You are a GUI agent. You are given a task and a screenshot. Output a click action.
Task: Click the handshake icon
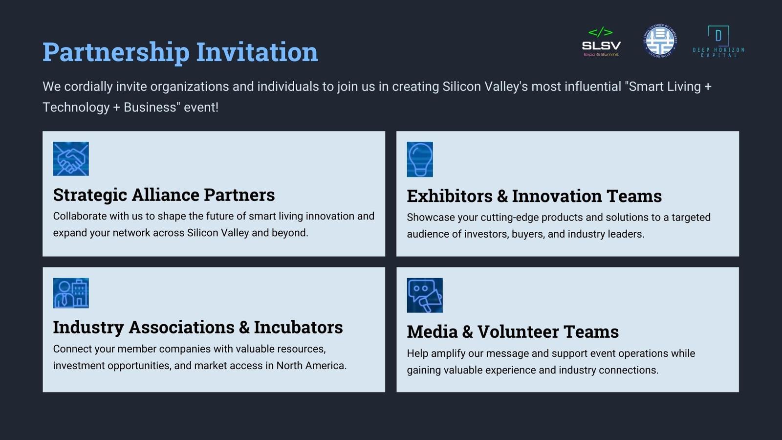coord(71,158)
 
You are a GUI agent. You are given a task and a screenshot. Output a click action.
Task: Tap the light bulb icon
coord(420,159)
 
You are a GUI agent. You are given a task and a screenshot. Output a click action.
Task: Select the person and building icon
coord(71,293)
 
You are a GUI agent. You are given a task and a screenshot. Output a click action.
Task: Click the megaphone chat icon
coord(425,295)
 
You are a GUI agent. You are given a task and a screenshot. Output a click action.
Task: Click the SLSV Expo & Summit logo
coord(601,42)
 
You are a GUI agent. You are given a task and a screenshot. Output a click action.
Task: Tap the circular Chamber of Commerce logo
coord(660,41)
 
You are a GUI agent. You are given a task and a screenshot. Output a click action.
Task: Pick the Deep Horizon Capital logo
coord(718,42)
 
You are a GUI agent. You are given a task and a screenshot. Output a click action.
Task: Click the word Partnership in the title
coord(116,52)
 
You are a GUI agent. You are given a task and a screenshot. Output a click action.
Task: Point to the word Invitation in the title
coord(257,52)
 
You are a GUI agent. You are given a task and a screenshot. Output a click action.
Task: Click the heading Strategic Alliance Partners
coord(164,195)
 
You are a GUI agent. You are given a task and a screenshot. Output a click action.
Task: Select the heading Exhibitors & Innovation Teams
coord(534,196)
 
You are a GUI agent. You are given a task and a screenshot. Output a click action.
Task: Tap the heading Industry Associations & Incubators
coord(198,328)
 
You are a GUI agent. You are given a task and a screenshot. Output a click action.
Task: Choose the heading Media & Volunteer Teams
coord(513,332)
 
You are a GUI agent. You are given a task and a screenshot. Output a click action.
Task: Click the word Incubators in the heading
coord(298,328)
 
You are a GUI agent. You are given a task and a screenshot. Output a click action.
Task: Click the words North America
coord(311,366)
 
